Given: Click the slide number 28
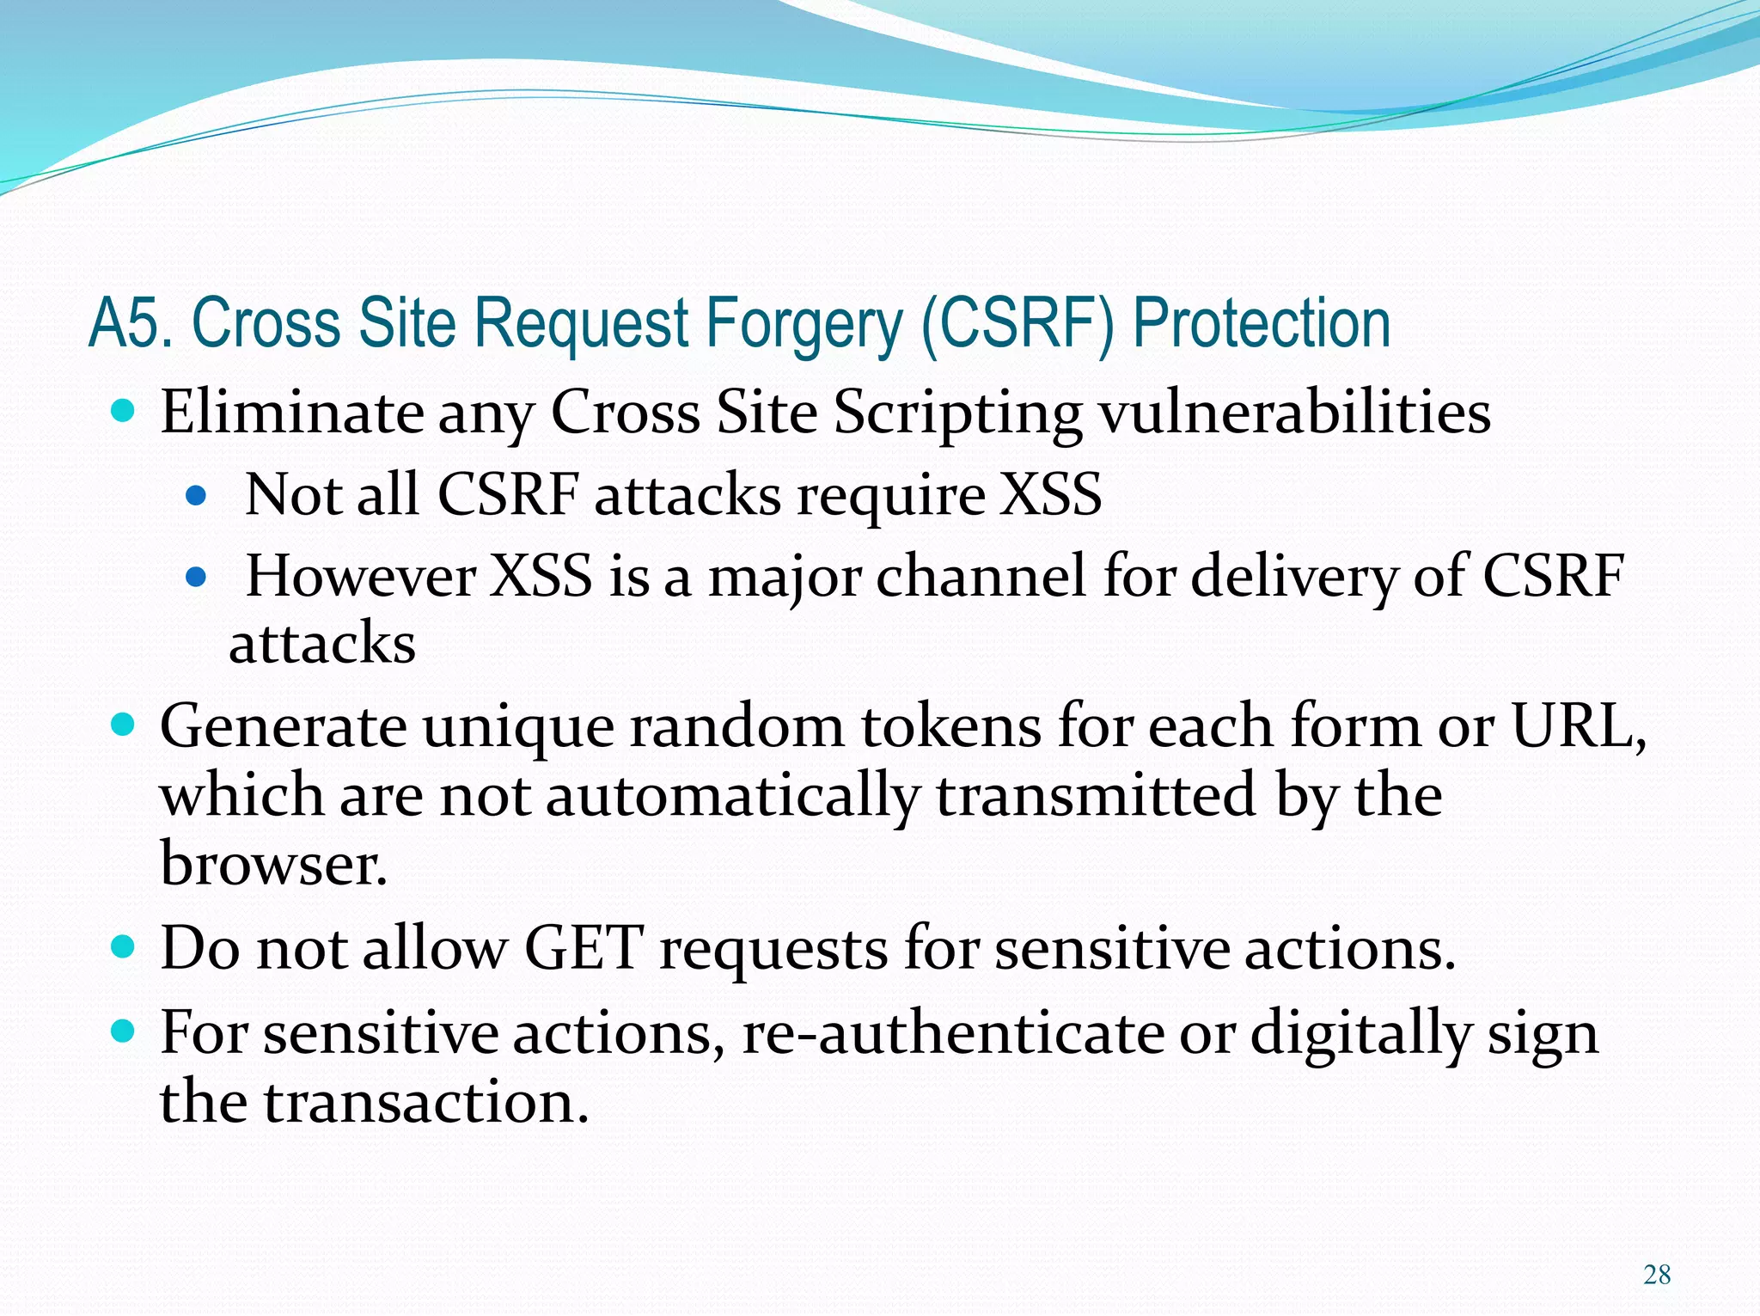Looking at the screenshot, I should click(x=1656, y=1274).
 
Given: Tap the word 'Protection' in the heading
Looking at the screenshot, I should click(x=1261, y=323).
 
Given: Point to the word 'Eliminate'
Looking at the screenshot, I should click(x=291, y=413).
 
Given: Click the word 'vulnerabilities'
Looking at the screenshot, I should click(x=1295, y=413).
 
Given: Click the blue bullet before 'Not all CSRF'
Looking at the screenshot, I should click(x=197, y=496).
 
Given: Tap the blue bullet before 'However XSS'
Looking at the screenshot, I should click(x=197, y=577).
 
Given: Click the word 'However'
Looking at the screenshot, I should click(x=361, y=576).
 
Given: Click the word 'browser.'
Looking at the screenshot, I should click(x=273, y=863).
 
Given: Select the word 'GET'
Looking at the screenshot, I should click(x=583, y=949).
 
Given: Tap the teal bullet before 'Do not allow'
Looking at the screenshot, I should click(x=124, y=947).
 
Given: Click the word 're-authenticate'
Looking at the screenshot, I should click(x=952, y=1033).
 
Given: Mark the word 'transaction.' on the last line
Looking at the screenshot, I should click(x=426, y=1102).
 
